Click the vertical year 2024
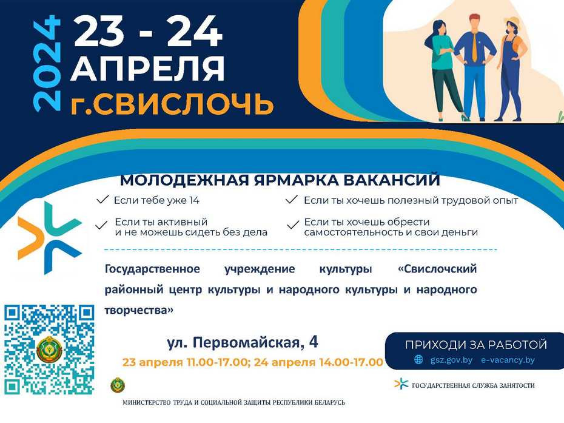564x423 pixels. point(47,63)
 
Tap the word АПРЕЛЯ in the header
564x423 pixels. point(147,68)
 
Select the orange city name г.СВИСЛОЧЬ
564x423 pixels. point(172,104)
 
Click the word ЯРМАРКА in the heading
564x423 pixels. point(296,180)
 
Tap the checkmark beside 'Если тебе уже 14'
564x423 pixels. point(103,200)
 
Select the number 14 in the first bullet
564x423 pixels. point(194,200)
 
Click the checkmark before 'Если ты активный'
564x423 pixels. point(101,225)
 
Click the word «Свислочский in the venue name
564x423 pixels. point(437,269)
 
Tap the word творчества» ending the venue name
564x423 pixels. point(139,310)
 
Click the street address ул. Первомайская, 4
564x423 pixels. point(243,342)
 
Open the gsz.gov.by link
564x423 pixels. point(451,360)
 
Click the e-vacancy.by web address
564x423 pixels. point(508,360)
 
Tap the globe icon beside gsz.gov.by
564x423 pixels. point(418,360)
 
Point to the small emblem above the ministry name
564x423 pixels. point(118,385)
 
